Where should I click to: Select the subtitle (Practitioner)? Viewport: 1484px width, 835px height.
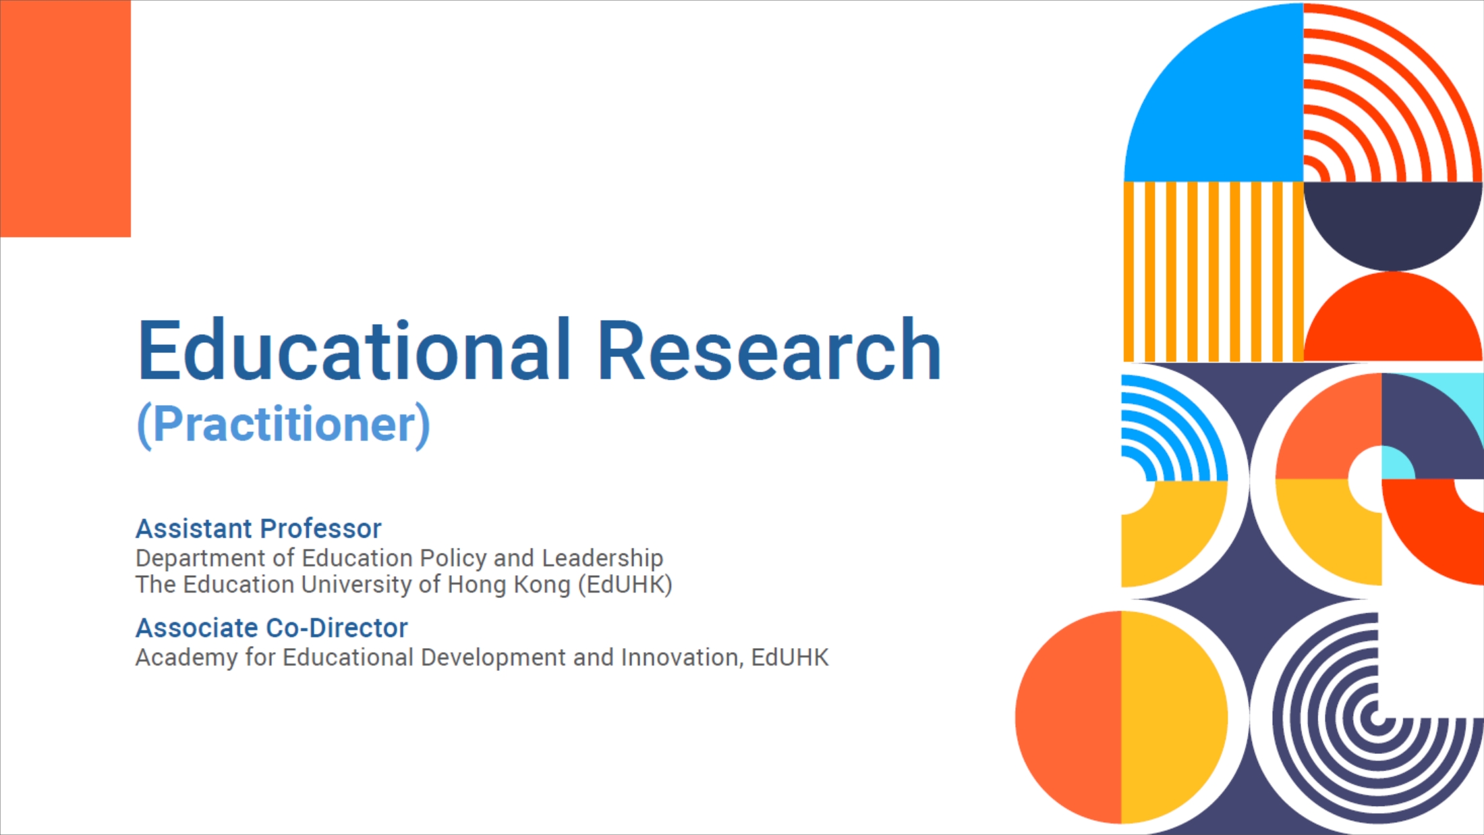pos(283,425)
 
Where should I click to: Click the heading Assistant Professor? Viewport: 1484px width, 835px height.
pos(258,529)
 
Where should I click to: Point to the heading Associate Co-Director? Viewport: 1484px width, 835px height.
pos(272,628)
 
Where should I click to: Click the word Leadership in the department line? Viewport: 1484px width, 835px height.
pos(602,559)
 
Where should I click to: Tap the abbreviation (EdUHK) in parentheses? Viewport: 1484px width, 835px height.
pos(625,585)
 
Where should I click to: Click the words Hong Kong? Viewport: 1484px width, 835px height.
pos(509,585)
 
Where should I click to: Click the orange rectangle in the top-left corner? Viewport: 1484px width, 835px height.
pos(65,118)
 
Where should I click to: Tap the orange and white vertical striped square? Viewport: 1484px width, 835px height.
pos(1214,271)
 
